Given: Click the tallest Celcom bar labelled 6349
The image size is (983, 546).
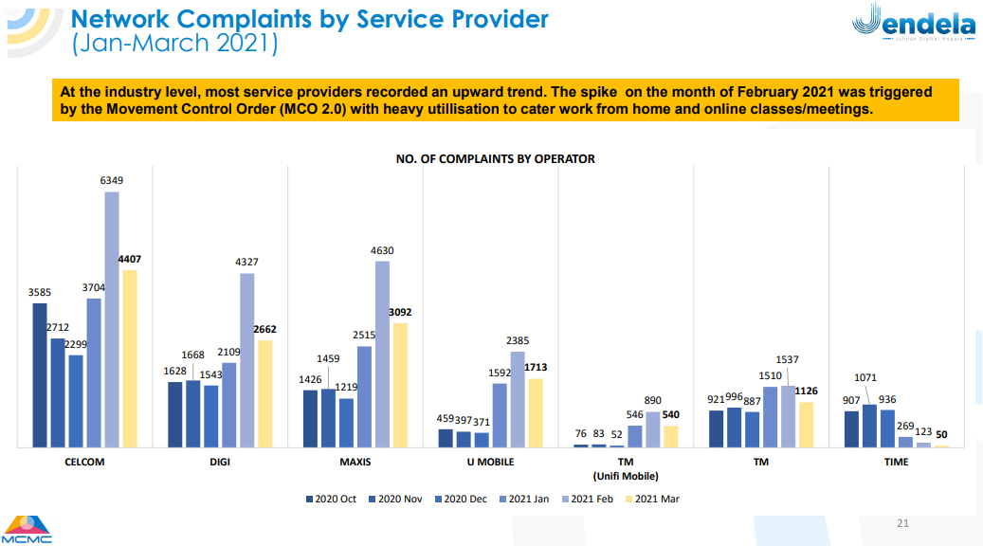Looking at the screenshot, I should coord(112,318).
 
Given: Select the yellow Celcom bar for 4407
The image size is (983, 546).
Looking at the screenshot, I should coord(130,358).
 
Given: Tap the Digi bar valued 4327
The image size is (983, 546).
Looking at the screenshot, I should coord(246,359).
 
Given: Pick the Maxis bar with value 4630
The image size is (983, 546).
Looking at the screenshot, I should coord(382,354).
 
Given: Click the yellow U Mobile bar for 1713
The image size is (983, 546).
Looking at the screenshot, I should coord(536,412).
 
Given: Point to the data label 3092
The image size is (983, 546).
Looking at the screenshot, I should coord(400,312).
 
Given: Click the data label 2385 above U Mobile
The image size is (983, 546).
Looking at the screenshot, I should coord(518,340).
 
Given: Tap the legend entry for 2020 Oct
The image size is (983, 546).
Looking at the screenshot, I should coord(331,499).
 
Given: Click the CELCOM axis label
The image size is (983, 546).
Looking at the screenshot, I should coord(84,463).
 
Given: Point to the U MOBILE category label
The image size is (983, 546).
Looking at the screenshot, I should coord(490,463).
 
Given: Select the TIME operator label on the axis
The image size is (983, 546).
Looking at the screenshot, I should coord(896,463).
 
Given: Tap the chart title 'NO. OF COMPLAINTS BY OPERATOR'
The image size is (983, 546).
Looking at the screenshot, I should coord(495,158).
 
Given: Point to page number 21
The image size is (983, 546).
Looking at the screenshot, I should coord(902,523).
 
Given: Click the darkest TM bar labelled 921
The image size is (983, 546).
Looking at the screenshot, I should coord(717,428).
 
